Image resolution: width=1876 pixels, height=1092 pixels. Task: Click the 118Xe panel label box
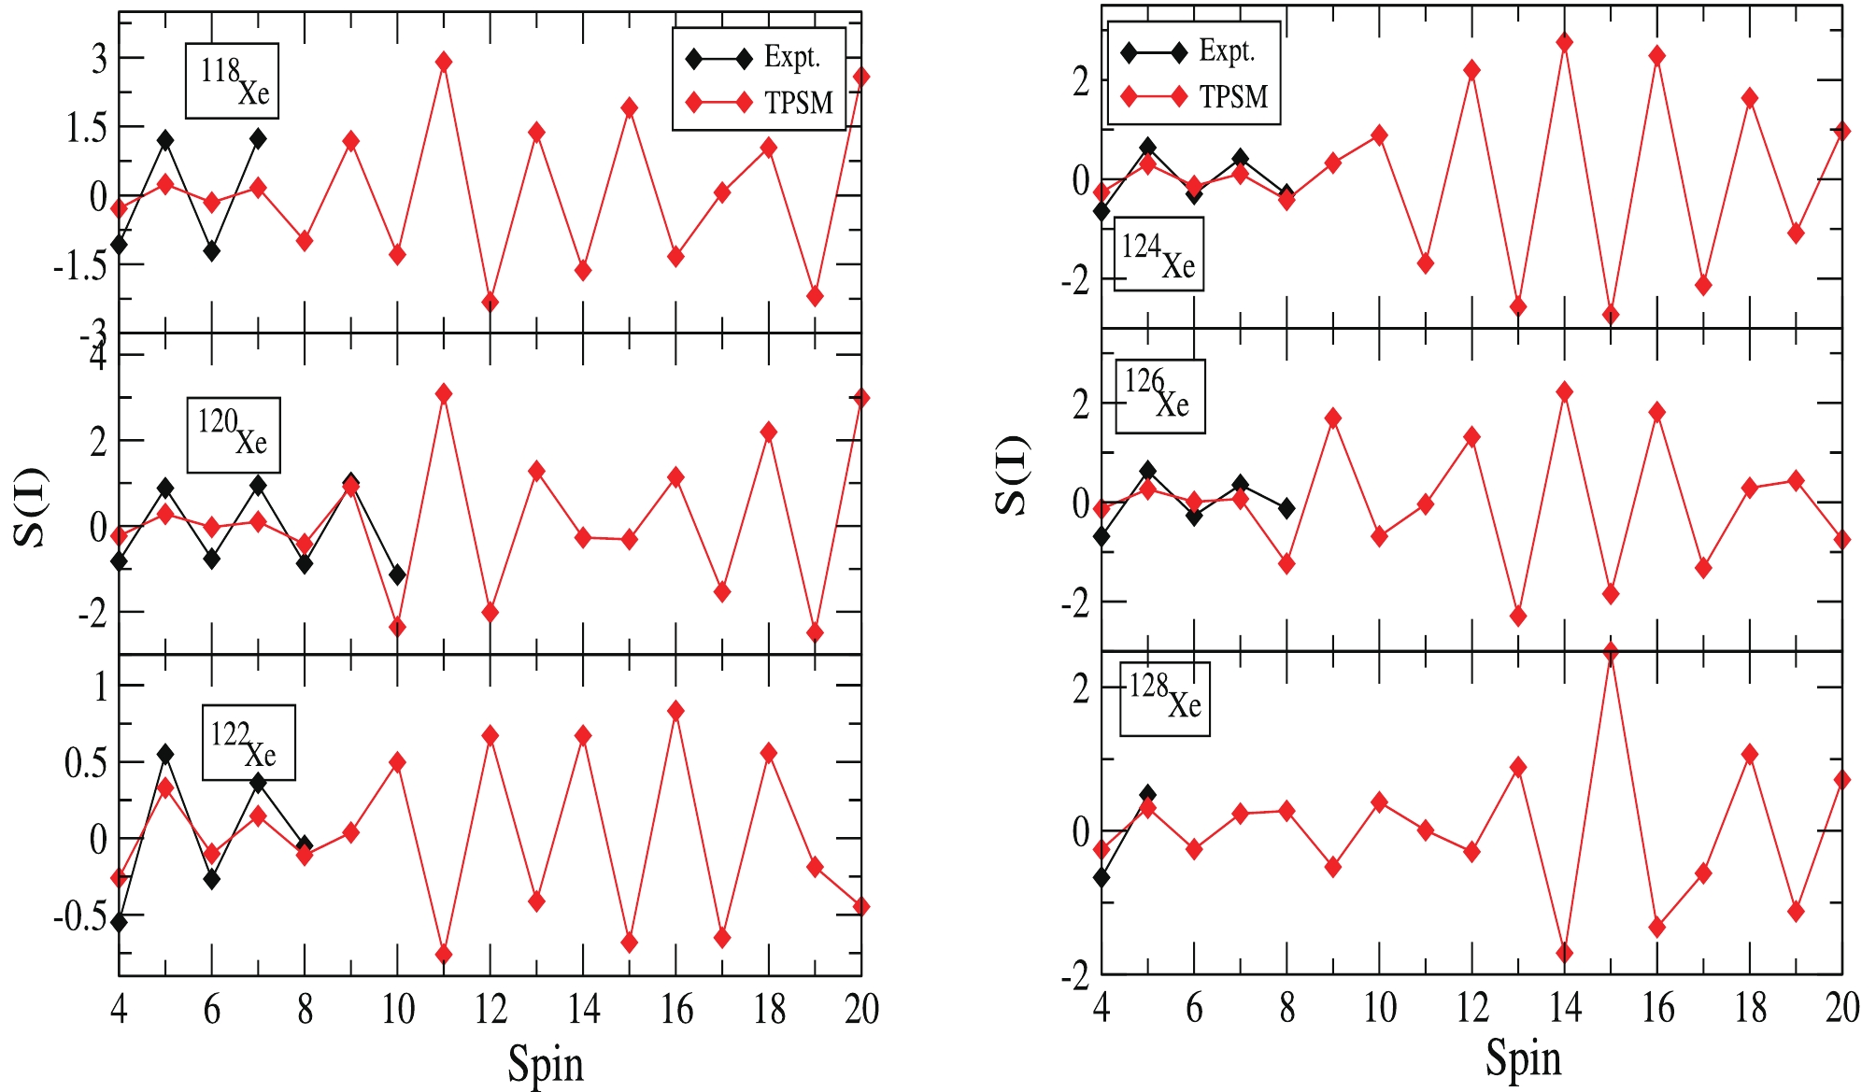pyautogui.click(x=232, y=81)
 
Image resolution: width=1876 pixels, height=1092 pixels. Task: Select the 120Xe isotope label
pyautogui.click(x=234, y=435)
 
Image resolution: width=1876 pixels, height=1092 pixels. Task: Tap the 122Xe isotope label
pyautogui.click(x=249, y=743)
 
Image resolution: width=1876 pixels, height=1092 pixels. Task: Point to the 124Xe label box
pyautogui.click(x=1158, y=254)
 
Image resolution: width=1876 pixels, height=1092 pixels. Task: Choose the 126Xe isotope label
pyautogui.click(x=1160, y=396)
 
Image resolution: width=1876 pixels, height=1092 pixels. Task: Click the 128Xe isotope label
pyautogui.click(x=1165, y=699)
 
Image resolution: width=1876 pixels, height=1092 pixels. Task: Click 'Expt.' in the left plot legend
pyautogui.click(x=791, y=58)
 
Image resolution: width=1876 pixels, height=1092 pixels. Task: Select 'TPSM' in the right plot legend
pyautogui.click(x=1233, y=97)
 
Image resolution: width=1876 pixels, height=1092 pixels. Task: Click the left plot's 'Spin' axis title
pyautogui.click(x=546, y=1064)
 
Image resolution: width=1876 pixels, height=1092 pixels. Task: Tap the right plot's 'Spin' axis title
pyautogui.click(x=1523, y=1059)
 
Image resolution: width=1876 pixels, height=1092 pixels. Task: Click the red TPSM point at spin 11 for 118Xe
pyautogui.click(x=444, y=62)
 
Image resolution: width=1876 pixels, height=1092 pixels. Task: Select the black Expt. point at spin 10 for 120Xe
pyautogui.click(x=397, y=574)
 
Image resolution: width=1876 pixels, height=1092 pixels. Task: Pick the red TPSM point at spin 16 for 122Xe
pyautogui.click(x=676, y=711)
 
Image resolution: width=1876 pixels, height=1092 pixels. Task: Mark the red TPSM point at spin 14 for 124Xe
pyautogui.click(x=1564, y=43)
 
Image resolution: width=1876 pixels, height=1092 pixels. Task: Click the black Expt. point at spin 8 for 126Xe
pyautogui.click(x=1286, y=508)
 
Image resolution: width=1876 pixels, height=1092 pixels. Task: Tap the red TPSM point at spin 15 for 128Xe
pyautogui.click(x=1610, y=653)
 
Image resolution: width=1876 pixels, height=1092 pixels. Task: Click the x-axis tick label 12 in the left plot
pyautogui.click(x=490, y=1010)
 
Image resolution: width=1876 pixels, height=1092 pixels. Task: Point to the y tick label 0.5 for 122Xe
pyautogui.click(x=86, y=763)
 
